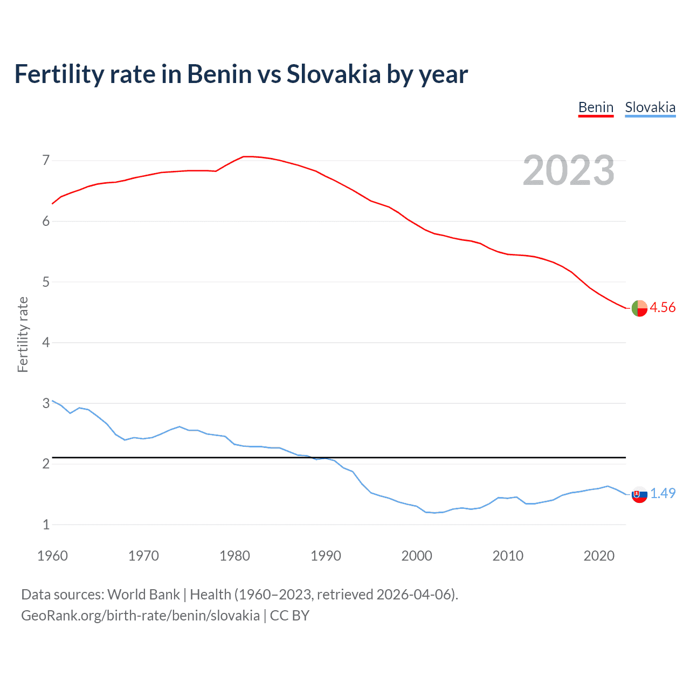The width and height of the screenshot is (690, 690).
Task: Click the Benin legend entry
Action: point(596,107)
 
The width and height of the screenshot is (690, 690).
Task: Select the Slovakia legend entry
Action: point(650,107)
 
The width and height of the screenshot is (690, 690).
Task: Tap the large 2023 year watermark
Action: point(569,170)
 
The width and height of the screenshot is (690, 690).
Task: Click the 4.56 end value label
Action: point(663,307)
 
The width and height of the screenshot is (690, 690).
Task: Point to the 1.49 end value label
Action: point(663,493)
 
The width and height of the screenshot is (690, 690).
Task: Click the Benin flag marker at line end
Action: point(639,308)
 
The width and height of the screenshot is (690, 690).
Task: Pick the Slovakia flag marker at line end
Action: point(639,494)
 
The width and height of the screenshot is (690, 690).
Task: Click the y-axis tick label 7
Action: point(46,160)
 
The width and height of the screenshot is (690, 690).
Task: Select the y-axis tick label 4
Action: point(46,342)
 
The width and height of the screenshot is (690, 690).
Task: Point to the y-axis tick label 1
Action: point(46,525)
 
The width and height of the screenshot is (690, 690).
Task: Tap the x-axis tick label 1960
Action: point(52,556)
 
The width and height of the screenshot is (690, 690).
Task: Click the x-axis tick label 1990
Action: point(326,556)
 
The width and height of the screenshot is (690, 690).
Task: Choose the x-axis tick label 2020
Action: point(599,556)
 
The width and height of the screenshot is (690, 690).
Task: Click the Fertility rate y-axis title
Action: point(23,334)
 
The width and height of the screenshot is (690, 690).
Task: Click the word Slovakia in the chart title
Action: point(334,74)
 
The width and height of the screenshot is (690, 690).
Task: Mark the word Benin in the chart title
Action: point(219,74)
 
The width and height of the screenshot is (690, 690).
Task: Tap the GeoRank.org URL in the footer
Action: point(140,616)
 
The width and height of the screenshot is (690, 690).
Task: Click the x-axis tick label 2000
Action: point(417,556)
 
